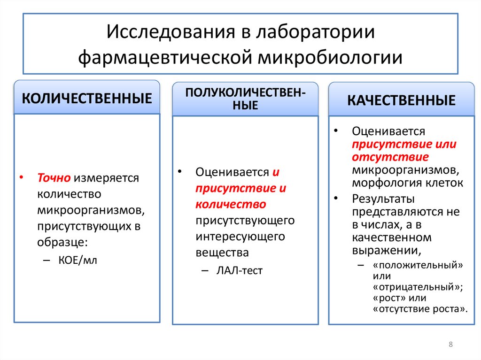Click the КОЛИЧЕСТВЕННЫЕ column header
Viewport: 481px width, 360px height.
tap(87, 99)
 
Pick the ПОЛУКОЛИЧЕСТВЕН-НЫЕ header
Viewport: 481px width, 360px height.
tap(246, 99)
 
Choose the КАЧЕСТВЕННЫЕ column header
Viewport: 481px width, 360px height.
tap(401, 100)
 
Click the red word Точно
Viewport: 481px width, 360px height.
tap(54, 178)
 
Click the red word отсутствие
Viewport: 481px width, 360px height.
tap(388, 156)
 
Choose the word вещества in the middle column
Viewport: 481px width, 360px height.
tap(222, 253)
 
